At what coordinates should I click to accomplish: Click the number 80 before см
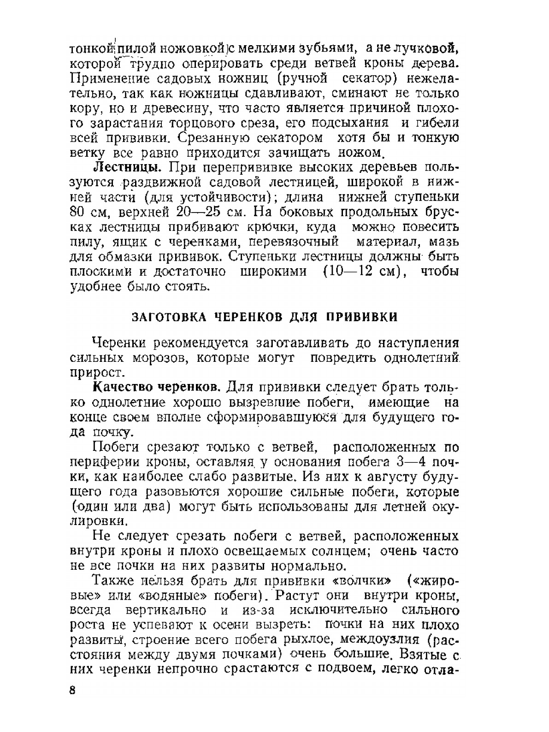(78, 213)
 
